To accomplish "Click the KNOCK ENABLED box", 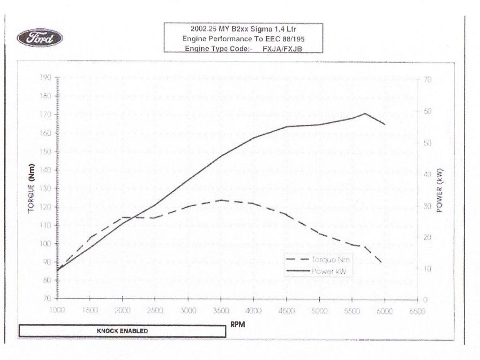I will pyautogui.click(x=122, y=331).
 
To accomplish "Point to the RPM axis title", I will pyautogui.click(x=239, y=324).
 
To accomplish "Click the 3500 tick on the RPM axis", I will pyautogui.click(x=220, y=311).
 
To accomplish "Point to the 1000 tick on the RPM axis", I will pyautogui.click(x=57, y=311).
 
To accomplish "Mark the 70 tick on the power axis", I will pyautogui.click(x=426, y=79).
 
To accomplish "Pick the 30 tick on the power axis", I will pyautogui.click(x=426, y=205).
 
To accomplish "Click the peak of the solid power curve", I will pyautogui.click(x=365, y=113).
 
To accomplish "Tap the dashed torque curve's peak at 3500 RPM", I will pyautogui.click(x=221, y=200).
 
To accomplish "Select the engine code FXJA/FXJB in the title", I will pyautogui.click(x=282, y=48).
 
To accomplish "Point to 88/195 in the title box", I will pyautogui.click(x=294, y=39).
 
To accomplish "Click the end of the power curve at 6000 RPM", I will pyautogui.click(x=385, y=124).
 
